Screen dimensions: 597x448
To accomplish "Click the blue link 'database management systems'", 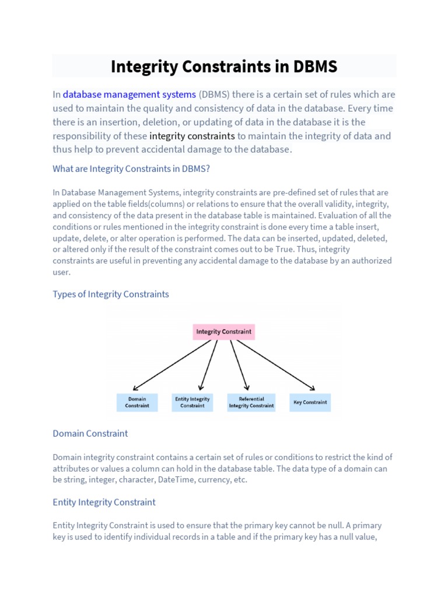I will coord(129,94).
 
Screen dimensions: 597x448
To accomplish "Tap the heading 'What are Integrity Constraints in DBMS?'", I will coord(131,169).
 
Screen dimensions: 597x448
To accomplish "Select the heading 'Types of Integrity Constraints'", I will coord(111,294).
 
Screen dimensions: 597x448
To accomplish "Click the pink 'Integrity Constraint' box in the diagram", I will coord(224,332).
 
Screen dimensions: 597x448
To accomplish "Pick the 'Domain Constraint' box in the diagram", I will coord(136,402).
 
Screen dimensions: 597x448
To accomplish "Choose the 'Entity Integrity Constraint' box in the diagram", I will coord(192,402).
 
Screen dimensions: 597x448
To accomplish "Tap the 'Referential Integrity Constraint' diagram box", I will coord(251,402).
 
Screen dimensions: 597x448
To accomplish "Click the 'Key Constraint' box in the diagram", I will coord(310,402).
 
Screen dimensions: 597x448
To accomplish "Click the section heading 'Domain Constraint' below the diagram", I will coord(90,434).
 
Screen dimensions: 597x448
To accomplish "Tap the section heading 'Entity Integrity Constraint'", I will coord(104,502).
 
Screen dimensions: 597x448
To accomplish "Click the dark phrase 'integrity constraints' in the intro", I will coord(192,136).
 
